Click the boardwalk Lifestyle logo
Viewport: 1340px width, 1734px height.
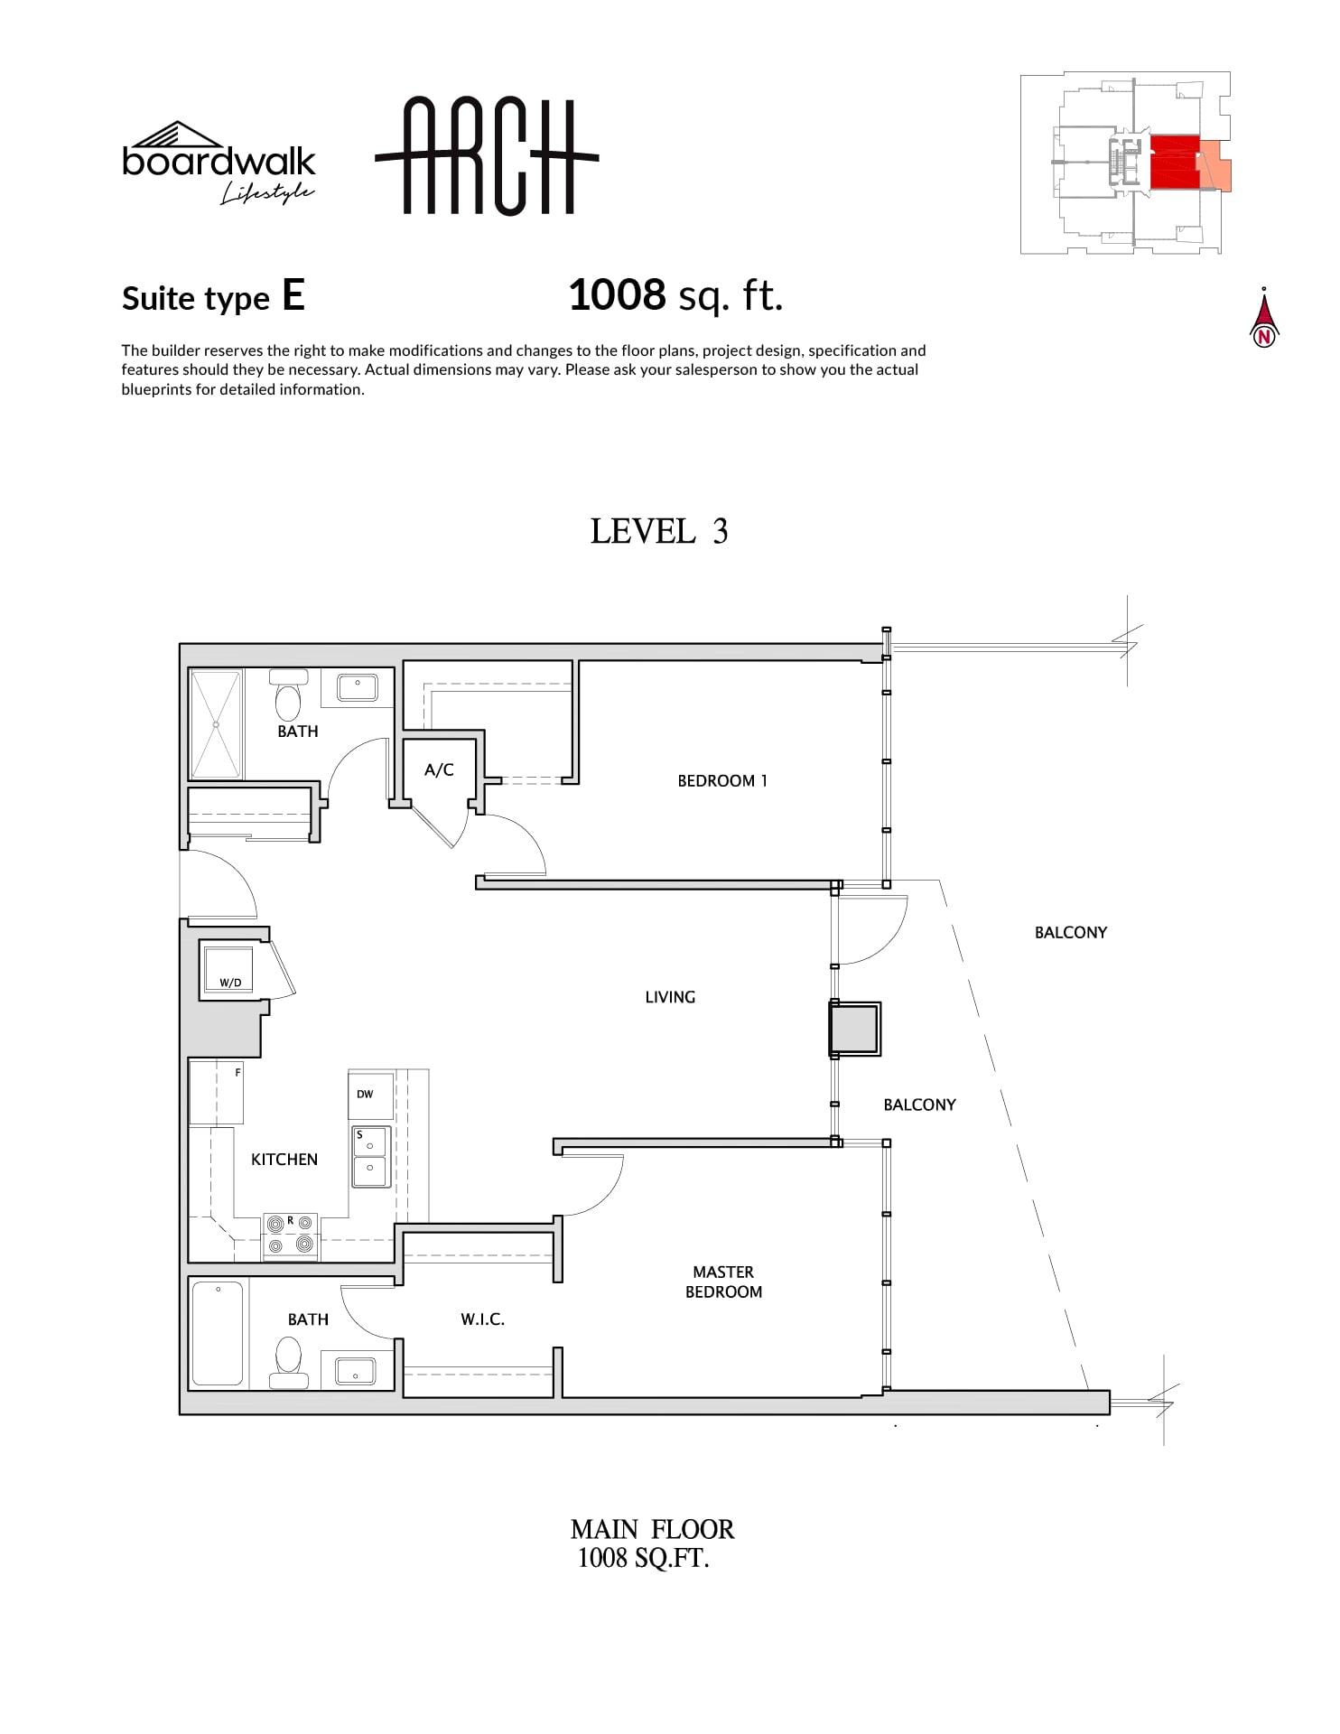[x=219, y=163]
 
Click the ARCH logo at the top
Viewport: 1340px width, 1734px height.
[x=487, y=156]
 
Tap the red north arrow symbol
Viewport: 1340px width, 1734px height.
[x=1264, y=318]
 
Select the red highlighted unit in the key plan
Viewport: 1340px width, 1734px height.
[x=1174, y=163]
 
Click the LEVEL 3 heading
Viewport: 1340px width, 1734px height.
[x=659, y=531]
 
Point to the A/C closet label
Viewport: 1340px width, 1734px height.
[x=439, y=769]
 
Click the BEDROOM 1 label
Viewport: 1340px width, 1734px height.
[x=722, y=781]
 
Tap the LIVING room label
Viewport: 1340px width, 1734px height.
[x=670, y=997]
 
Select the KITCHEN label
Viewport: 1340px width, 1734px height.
[x=284, y=1160]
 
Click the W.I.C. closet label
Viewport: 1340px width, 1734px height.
[x=482, y=1319]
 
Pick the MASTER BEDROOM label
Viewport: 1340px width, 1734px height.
[x=723, y=1282]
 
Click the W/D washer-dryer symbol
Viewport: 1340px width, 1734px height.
[x=227, y=967]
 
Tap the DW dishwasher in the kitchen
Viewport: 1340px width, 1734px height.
[x=371, y=1095]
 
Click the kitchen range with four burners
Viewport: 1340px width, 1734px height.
[x=290, y=1236]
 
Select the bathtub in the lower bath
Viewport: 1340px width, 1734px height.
[x=218, y=1333]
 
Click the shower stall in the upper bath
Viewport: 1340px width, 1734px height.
[x=216, y=723]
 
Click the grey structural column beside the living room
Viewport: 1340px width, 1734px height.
[x=854, y=1029]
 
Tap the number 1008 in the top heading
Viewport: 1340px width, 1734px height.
[x=618, y=294]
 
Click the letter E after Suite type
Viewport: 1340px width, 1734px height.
[x=293, y=294]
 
